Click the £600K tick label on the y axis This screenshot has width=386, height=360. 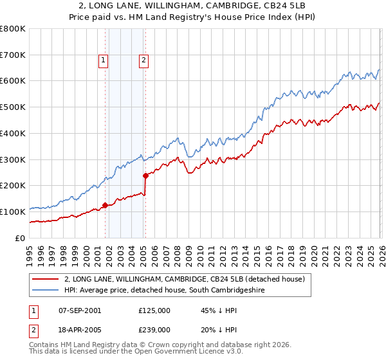[x=13, y=81]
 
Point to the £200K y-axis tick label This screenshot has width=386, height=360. [x=13, y=185]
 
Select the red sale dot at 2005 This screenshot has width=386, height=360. [x=146, y=175]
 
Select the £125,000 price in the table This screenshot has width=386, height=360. [x=154, y=310]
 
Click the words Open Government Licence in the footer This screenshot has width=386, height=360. [x=179, y=353]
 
